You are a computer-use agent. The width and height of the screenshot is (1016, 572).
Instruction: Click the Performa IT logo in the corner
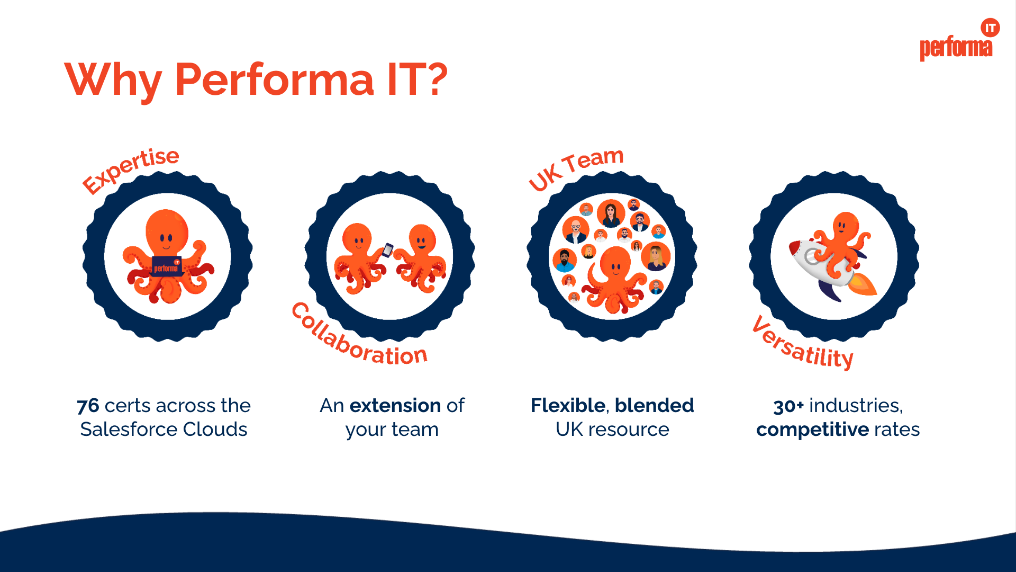click(x=958, y=41)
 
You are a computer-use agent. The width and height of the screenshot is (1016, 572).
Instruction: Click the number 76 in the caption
click(x=88, y=406)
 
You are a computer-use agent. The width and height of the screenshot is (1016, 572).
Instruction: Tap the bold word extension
click(x=395, y=406)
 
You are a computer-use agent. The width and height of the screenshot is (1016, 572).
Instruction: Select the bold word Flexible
click(x=568, y=406)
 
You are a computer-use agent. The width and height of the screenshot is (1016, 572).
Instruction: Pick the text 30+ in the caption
click(x=788, y=406)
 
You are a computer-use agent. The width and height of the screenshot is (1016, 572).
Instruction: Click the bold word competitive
click(x=812, y=430)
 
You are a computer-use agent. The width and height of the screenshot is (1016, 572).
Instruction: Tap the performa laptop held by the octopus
click(x=167, y=266)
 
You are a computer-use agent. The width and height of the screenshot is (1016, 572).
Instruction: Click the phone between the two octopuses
click(x=388, y=250)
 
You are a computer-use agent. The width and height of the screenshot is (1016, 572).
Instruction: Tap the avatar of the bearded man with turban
click(x=565, y=260)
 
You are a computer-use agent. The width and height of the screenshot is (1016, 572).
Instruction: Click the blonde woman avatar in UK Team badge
click(x=656, y=257)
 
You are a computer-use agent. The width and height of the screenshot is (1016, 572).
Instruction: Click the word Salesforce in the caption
click(x=121, y=430)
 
